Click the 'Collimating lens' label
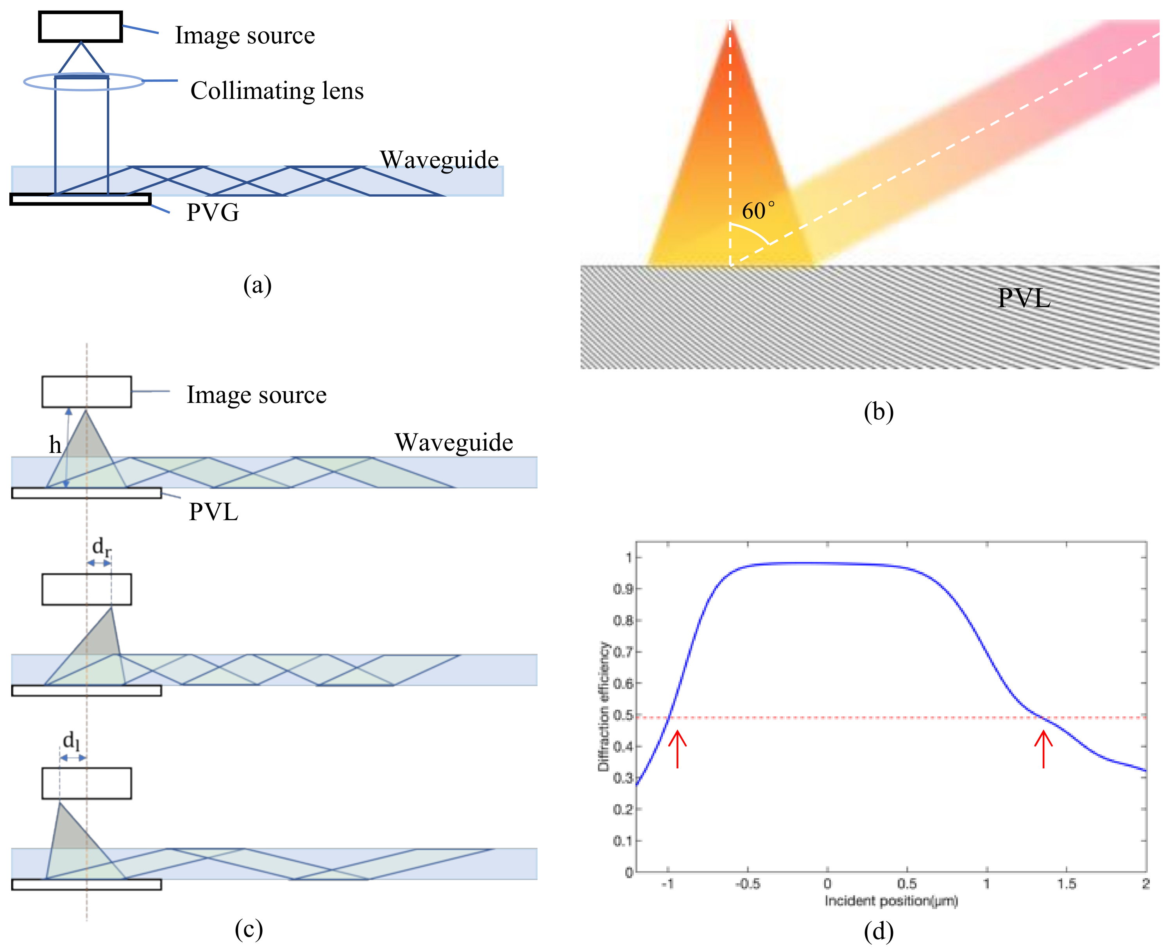pos(277,91)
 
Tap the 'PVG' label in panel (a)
pos(213,212)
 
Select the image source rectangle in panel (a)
pos(80,26)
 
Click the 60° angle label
pos(758,211)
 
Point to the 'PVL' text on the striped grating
pos(1024,298)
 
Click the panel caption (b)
pos(879,411)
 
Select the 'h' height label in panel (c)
pos(55,445)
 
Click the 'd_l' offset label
pos(71,741)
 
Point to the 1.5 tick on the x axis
pos(1067,884)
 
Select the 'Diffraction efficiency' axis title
pos(604,707)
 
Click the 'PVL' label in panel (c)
pos(213,512)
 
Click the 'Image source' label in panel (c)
pos(257,395)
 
